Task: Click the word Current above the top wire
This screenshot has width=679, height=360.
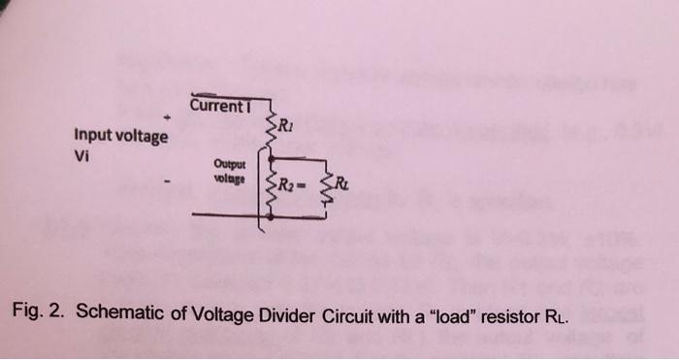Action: tap(216, 105)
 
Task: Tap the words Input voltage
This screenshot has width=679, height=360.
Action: tap(120, 137)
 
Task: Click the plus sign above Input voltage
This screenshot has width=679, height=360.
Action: tap(166, 117)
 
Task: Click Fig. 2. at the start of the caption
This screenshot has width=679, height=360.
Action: tap(38, 313)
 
